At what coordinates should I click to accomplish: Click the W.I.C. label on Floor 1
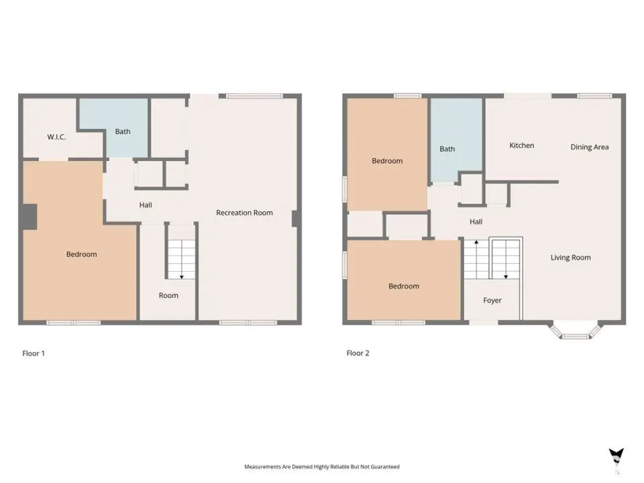click(56, 137)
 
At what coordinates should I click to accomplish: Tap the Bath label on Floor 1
click(122, 131)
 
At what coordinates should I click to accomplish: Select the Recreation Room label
click(244, 213)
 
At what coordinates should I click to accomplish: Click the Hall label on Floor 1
click(146, 205)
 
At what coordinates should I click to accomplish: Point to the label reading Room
click(168, 295)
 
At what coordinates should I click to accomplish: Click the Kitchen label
click(522, 146)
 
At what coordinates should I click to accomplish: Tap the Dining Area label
click(590, 147)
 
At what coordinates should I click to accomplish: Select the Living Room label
click(570, 258)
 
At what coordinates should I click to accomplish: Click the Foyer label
click(492, 301)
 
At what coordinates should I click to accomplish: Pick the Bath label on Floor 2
click(447, 149)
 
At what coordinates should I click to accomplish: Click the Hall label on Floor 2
click(476, 222)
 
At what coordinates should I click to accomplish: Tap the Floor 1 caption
click(34, 354)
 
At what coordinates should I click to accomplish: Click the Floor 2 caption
click(358, 354)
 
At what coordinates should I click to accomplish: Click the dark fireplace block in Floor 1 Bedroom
click(30, 217)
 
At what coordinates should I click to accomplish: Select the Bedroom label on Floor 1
click(81, 254)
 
